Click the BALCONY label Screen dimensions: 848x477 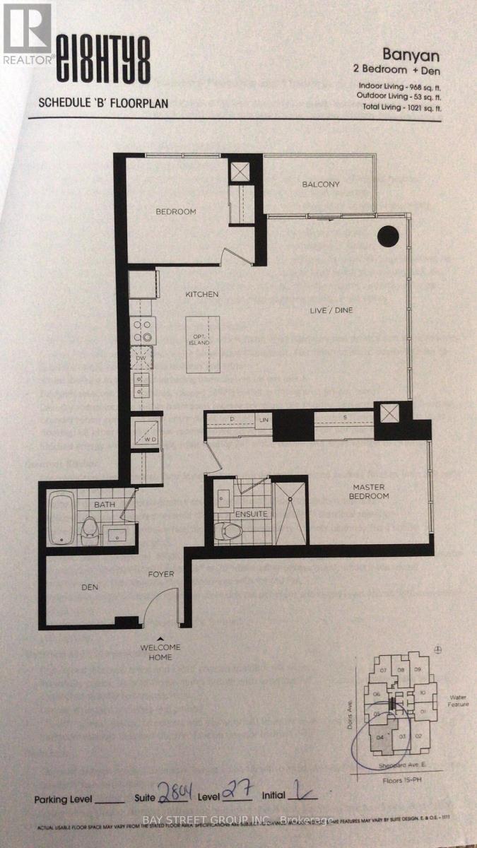tap(321, 184)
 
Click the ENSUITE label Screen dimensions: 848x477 tap(252, 514)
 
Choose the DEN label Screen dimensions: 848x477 tap(90, 587)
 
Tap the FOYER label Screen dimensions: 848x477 tap(160, 574)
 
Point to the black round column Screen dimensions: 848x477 tap(387, 235)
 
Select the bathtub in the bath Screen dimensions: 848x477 tap(61, 519)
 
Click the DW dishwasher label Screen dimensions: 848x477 tap(142, 358)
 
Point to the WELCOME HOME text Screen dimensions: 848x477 tap(161, 652)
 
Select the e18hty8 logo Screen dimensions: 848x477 tap(103, 62)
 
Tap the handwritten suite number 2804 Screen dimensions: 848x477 tap(161, 795)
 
